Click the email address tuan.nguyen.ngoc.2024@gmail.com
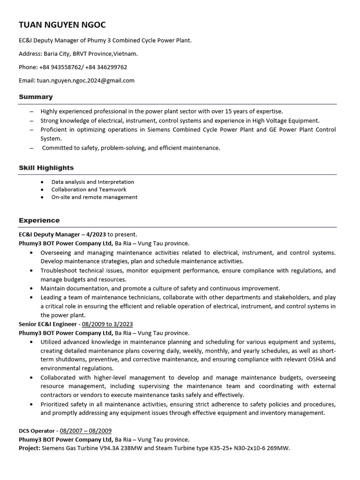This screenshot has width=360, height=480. [86, 80]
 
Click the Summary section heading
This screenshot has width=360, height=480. [36, 97]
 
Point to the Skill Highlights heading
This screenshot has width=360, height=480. [46, 167]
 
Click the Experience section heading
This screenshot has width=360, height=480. [39, 220]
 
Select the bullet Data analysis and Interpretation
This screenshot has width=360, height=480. [93, 182]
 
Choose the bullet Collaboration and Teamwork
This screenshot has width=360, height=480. [89, 189]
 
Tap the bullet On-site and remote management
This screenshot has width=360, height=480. [94, 197]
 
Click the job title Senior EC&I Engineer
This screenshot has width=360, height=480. [47, 324]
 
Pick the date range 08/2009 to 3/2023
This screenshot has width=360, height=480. [107, 324]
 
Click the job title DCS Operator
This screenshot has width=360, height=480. [37, 430]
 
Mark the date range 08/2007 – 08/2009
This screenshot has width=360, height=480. [86, 430]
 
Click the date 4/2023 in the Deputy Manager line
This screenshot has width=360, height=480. [96, 234]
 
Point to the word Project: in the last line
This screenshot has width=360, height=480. [30, 448]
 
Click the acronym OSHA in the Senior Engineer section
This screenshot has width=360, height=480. [316, 360]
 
